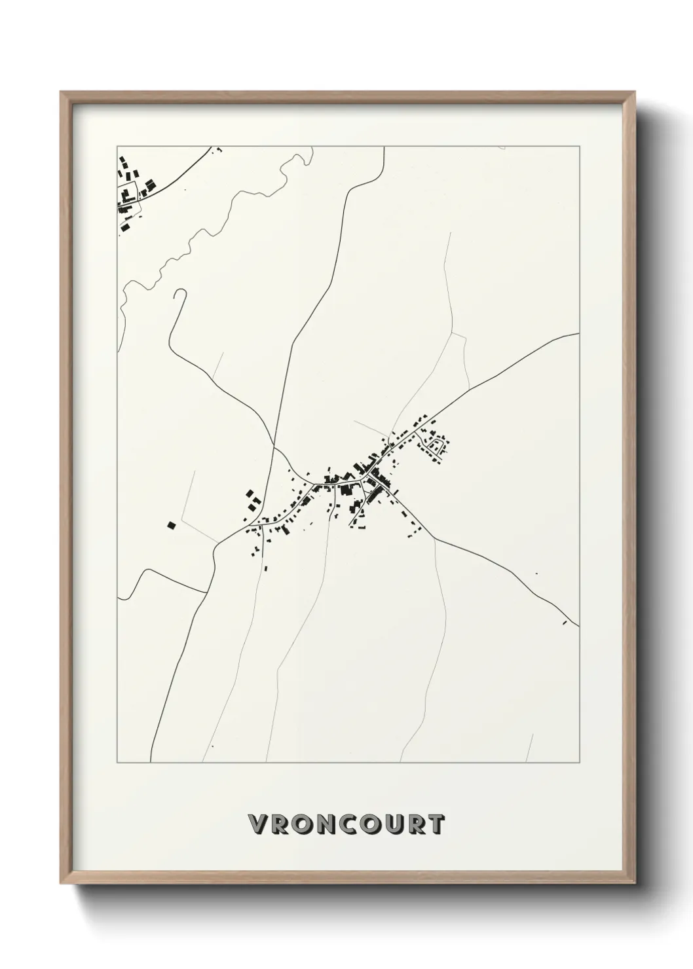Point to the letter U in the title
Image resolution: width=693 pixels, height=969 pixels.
[x=390, y=825]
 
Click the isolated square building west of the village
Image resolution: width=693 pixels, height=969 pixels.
[x=172, y=524]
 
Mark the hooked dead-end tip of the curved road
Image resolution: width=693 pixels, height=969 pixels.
[x=175, y=292]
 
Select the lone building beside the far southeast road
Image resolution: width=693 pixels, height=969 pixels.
[x=564, y=623]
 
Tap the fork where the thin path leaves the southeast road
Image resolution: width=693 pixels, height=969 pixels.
[x=433, y=535]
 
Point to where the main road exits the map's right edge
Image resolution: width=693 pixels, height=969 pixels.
[x=578, y=333]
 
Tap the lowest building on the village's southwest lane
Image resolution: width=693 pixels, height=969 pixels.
[x=267, y=568]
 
